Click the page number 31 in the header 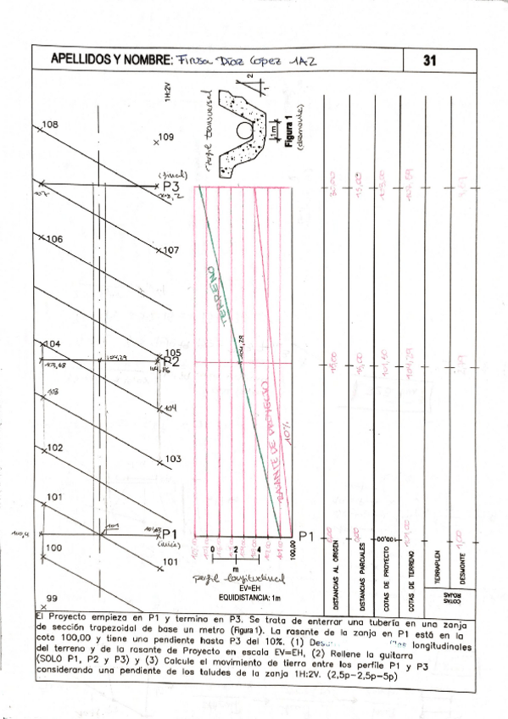click(x=429, y=60)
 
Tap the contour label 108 click(x=50, y=125)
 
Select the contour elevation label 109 click(x=165, y=137)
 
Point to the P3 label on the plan click(x=172, y=187)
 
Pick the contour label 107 click(x=170, y=251)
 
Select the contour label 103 click(x=172, y=459)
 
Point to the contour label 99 click(x=51, y=598)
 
